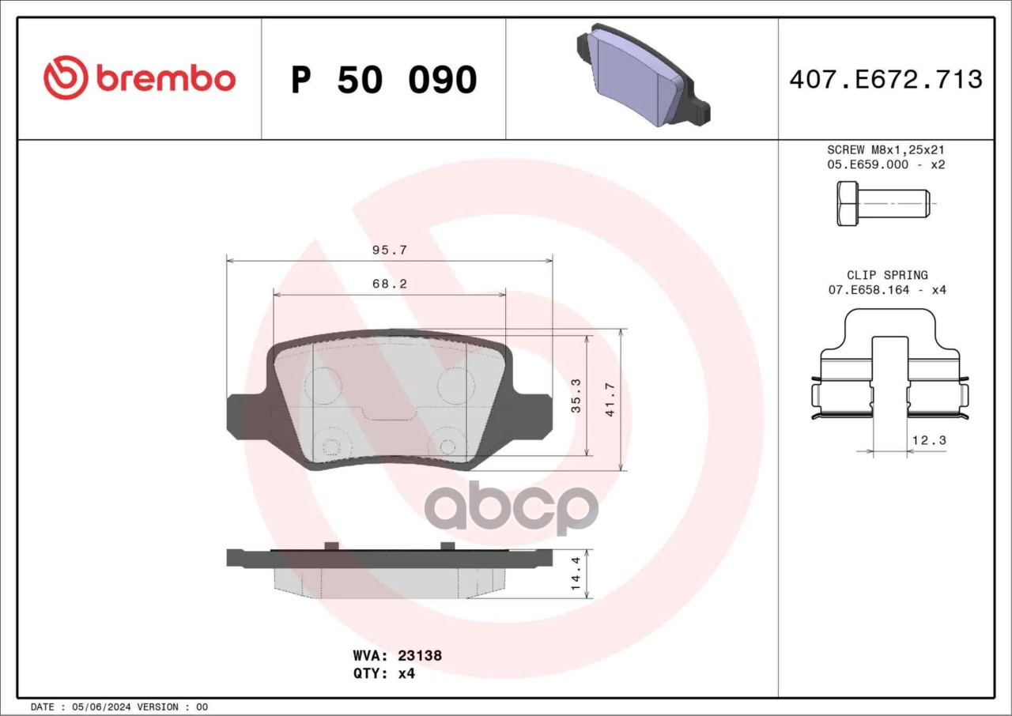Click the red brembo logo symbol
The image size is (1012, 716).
66,77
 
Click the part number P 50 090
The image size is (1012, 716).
384,80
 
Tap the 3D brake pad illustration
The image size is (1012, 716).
644,74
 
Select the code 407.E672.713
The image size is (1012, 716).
886,80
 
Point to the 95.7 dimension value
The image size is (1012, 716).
390,250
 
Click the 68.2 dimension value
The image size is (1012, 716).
390,284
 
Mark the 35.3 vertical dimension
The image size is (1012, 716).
576,395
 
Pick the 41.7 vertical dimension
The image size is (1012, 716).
610,399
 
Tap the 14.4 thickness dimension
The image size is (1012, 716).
576,573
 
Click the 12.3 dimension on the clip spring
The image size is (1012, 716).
929,439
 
